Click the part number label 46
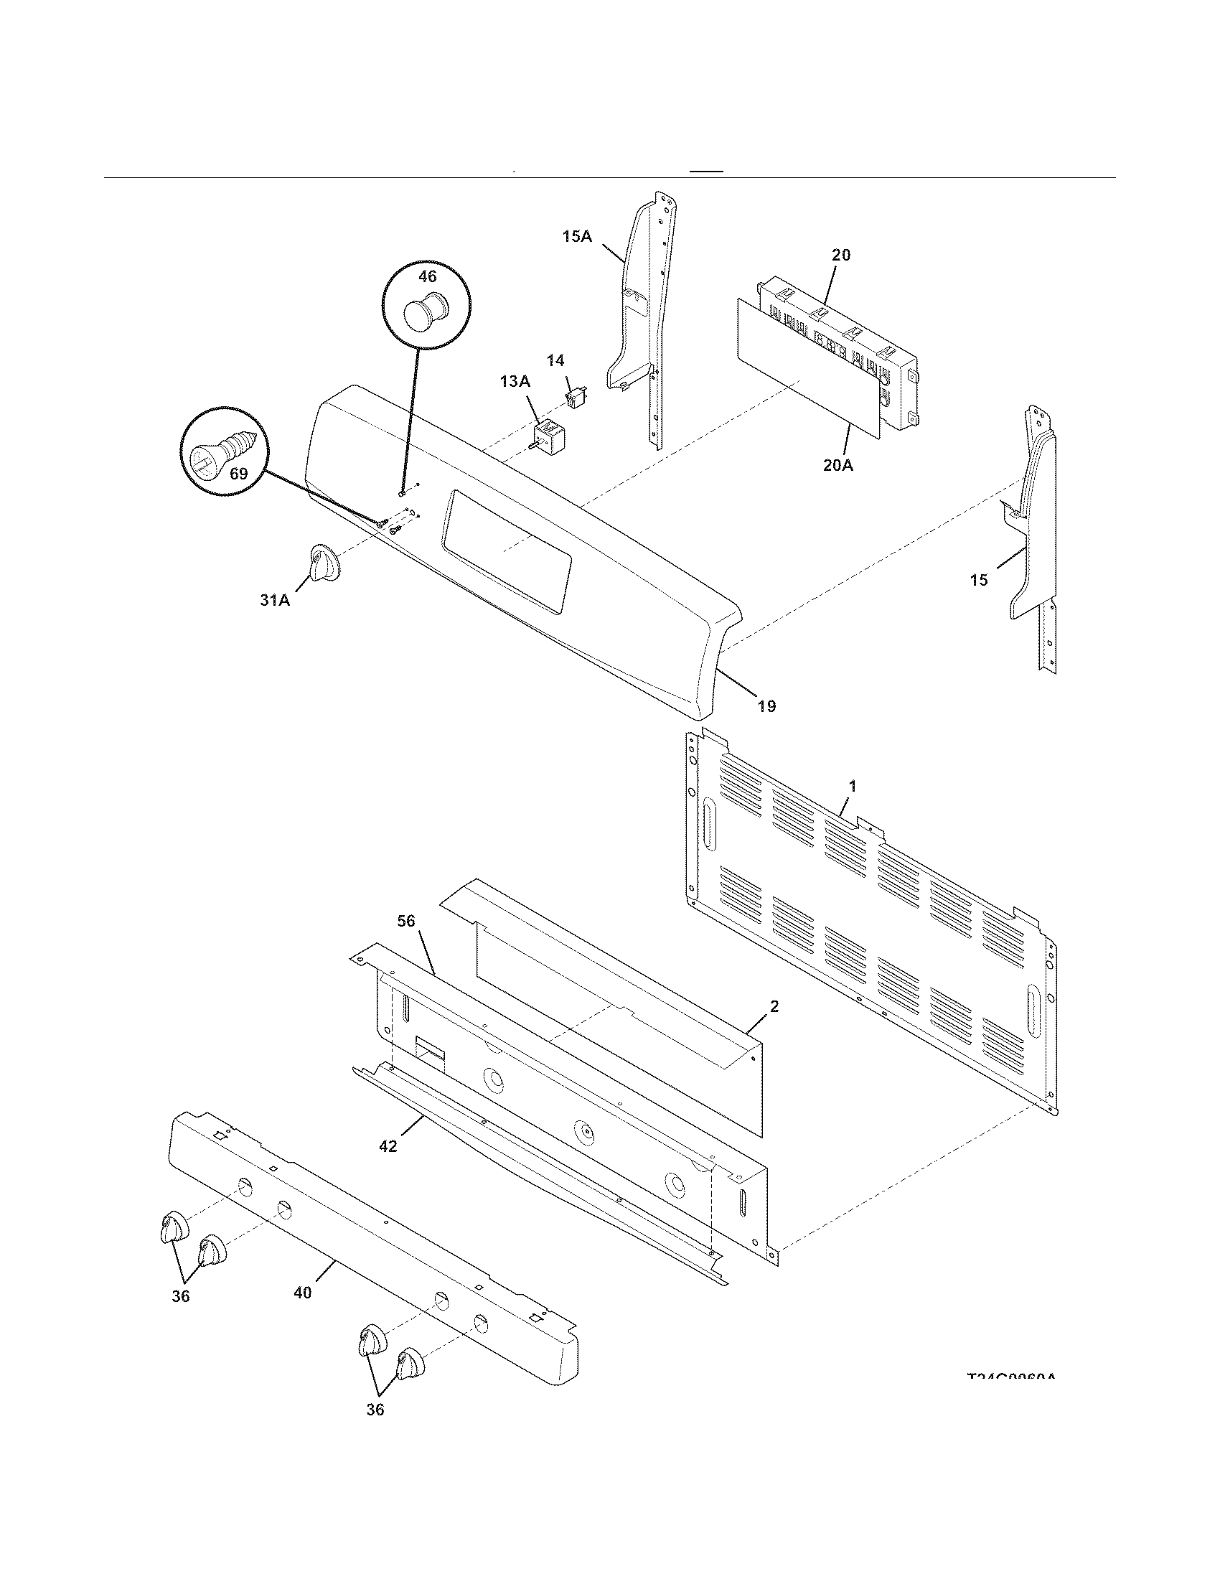tap(427, 277)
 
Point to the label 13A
tap(515, 381)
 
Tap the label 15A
tap(577, 236)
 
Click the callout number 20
tap(840, 255)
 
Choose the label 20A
tap(837, 465)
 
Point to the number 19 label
tap(766, 706)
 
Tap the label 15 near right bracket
tap(979, 580)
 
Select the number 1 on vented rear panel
tap(853, 785)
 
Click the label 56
tap(406, 920)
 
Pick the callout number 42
tap(388, 1147)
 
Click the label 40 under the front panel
tap(303, 1292)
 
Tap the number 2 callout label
tap(774, 1006)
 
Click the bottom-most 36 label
tap(375, 1409)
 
